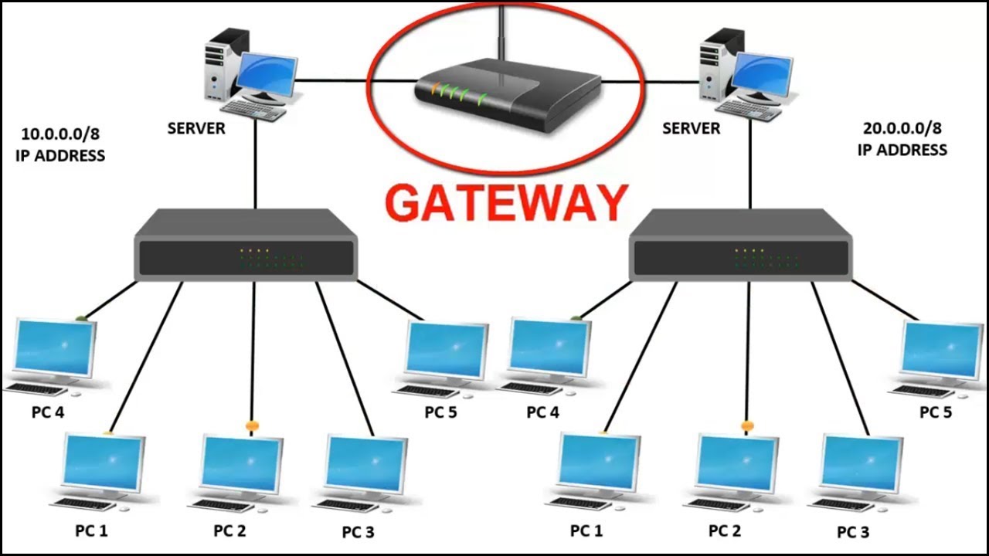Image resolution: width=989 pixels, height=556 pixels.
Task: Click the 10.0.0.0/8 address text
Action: point(54,133)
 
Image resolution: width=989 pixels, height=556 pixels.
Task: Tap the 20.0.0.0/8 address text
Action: point(902,129)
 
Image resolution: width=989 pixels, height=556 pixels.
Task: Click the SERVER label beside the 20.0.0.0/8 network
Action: point(691,129)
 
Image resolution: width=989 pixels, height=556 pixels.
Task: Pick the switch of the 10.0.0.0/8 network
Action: point(245,247)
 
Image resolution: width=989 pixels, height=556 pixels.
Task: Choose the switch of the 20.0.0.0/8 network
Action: point(740,247)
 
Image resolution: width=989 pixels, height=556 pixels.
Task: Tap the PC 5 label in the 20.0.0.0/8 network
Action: point(935,412)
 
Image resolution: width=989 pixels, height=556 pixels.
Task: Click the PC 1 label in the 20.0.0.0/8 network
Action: point(586,531)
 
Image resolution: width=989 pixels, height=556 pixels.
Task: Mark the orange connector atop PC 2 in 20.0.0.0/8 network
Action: point(746,425)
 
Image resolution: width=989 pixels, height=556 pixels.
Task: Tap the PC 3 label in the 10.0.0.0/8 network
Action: point(358,532)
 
